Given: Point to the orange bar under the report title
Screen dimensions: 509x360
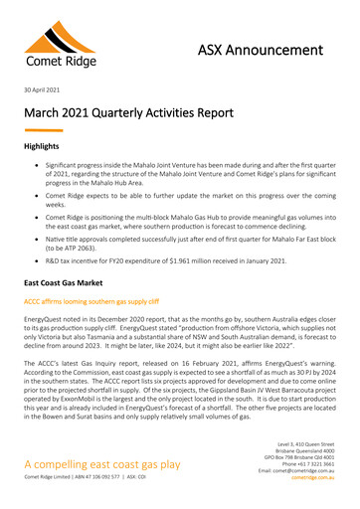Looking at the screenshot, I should (43, 130).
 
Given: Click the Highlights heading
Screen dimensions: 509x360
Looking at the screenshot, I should (47, 146).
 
